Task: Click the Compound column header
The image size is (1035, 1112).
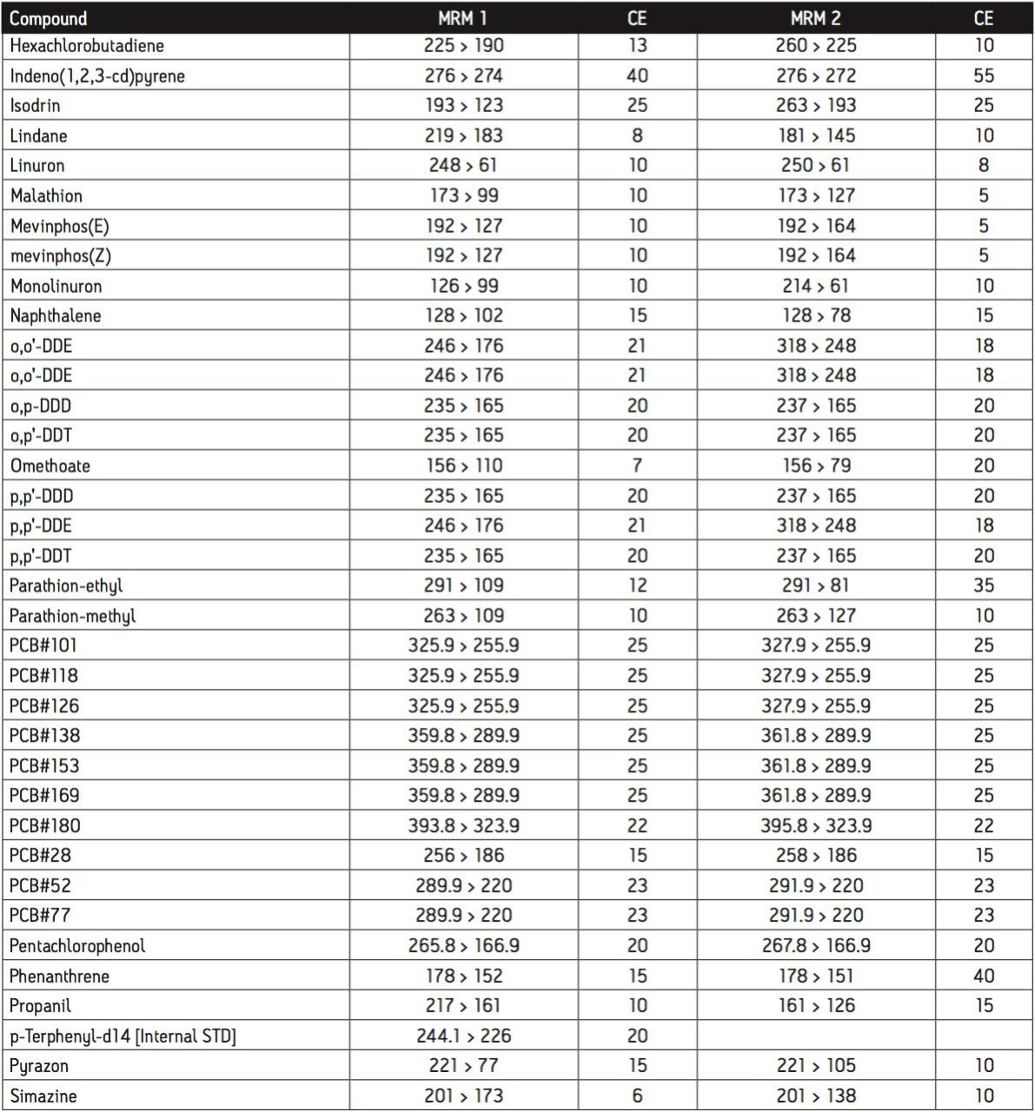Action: (48, 18)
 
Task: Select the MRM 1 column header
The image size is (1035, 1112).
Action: (463, 18)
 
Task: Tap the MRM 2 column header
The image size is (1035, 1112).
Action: (815, 18)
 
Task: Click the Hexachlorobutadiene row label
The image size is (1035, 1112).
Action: (87, 46)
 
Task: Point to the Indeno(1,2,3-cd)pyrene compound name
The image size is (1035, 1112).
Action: (97, 76)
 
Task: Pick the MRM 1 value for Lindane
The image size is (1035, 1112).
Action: (463, 136)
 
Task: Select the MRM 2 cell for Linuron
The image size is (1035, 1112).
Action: (815, 165)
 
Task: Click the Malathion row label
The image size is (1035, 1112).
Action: (46, 195)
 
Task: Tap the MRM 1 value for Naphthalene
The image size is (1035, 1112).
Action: (463, 315)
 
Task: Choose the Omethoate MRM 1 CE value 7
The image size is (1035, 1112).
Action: (637, 466)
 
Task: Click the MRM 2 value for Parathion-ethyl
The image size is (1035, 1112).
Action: (815, 586)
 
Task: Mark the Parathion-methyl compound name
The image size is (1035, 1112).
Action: (72, 616)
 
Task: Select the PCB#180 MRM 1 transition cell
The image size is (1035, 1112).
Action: (463, 825)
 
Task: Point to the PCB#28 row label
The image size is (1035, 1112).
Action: (40, 856)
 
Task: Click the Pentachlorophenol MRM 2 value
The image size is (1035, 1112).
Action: (815, 945)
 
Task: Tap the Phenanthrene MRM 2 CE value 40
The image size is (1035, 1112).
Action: (983, 976)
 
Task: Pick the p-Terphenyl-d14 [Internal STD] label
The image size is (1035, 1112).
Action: (123, 1036)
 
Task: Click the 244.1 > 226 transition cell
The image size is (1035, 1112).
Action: (463, 1036)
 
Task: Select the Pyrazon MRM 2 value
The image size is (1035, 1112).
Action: (815, 1066)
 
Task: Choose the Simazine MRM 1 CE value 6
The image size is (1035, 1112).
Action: (637, 1095)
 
